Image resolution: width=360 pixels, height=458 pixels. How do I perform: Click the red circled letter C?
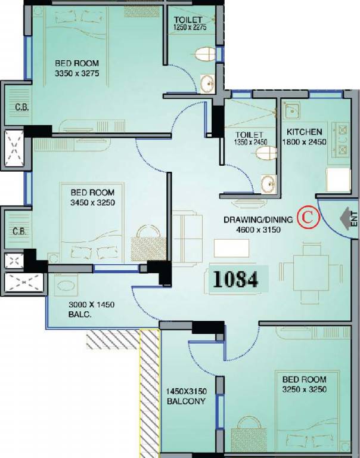point(308,217)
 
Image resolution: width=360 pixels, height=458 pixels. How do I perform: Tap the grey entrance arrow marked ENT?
point(346,218)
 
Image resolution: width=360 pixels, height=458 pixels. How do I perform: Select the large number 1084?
point(235,280)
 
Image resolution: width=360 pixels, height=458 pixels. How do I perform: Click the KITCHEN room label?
point(304,132)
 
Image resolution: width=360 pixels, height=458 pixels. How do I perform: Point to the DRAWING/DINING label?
point(258,219)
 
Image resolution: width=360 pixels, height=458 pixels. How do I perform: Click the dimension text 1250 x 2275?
point(190,27)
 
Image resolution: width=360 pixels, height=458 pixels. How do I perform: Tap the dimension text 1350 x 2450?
point(250,143)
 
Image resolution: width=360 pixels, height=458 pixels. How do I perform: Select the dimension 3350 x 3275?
point(77,73)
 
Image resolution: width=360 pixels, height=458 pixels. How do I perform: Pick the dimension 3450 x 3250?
point(92,202)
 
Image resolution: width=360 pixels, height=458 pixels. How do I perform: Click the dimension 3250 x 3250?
point(304,389)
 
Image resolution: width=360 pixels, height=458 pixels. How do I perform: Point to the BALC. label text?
point(80,315)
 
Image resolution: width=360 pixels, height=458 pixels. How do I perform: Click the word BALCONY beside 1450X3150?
point(187,401)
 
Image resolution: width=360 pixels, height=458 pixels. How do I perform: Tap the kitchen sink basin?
point(291,110)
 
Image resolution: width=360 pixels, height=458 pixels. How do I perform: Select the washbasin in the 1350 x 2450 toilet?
point(269,184)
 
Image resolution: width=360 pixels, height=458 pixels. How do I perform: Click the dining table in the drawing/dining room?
point(311,273)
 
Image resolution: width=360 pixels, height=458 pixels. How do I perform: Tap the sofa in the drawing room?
point(187,239)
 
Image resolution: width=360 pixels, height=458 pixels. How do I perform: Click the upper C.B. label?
point(22,107)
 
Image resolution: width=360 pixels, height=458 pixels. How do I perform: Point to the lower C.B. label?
point(20,231)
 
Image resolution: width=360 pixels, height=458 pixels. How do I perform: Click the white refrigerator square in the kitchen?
point(338,180)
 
